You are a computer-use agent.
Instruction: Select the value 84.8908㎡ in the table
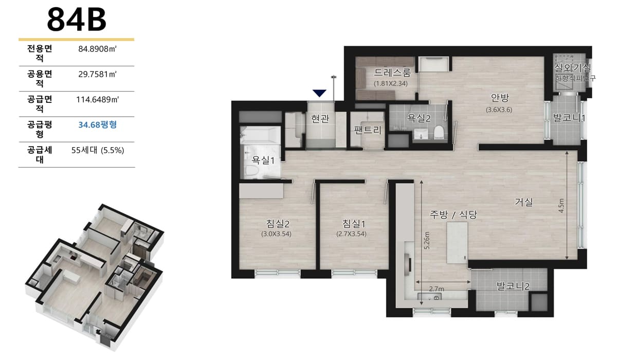point(98,49)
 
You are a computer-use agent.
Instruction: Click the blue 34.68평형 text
point(98,125)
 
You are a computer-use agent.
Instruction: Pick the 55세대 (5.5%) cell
point(98,150)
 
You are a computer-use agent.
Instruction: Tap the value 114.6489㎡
point(98,99)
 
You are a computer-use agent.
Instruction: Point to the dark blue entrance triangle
point(319,93)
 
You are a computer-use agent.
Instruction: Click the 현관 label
point(320,119)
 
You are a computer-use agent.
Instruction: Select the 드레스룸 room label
point(392,73)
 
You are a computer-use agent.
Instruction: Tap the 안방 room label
point(500,97)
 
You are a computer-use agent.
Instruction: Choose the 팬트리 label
point(368,130)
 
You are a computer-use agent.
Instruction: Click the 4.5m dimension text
point(561,206)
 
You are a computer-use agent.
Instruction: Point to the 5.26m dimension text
point(427,241)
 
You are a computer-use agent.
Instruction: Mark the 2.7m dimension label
point(437,289)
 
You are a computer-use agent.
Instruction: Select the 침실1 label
point(354,224)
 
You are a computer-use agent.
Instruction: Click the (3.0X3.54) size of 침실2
point(276,234)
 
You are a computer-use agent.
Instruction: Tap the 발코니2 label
point(513,286)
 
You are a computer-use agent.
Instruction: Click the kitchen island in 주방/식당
point(457,243)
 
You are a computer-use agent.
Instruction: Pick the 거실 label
point(524,202)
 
